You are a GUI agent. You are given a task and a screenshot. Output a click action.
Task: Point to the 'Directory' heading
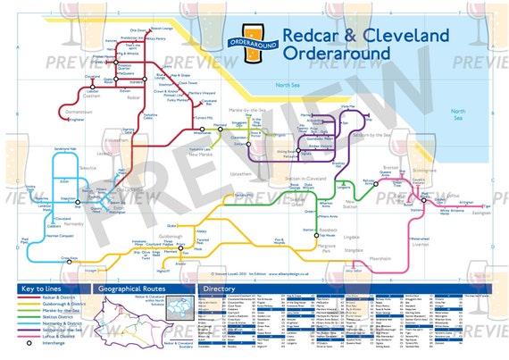coord(220,291)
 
